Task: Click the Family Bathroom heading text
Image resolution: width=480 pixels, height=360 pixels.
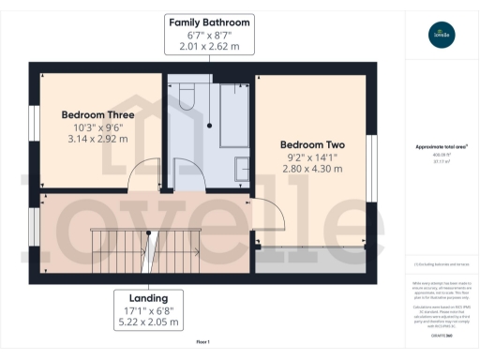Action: [x=209, y=21]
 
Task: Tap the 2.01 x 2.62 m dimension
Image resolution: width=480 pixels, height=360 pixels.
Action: [x=209, y=46]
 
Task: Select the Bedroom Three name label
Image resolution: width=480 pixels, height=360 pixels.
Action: [x=97, y=115]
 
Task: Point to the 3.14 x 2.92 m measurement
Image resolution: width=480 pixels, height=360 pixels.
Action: [x=97, y=139]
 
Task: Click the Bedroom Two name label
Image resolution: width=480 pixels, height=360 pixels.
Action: [x=312, y=145]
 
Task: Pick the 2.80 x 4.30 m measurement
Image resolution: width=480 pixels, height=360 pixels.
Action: [x=312, y=170]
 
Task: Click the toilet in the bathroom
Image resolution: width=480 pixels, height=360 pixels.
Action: [x=186, y=94]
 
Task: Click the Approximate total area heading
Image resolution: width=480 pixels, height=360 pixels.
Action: [x=442, y=146]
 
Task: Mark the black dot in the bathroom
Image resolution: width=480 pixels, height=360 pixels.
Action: [x=210, y=125]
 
